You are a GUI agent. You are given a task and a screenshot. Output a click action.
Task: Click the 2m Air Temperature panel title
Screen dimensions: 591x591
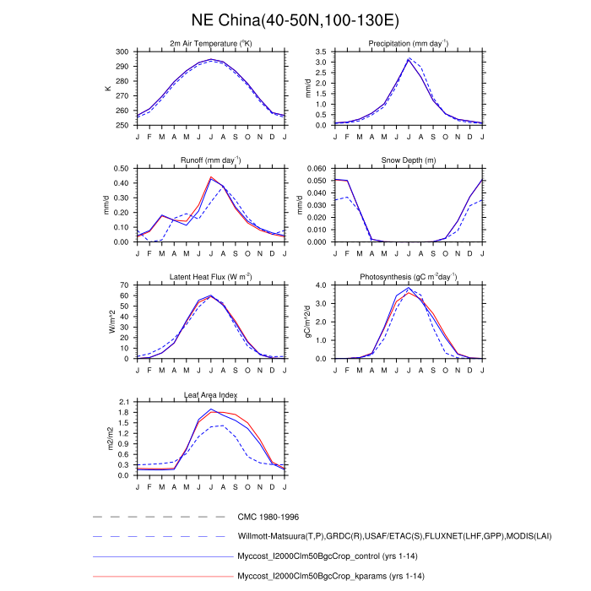click(x=210, y=44)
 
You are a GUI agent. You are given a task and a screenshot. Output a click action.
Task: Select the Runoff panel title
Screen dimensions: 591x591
click(x=210, y=160)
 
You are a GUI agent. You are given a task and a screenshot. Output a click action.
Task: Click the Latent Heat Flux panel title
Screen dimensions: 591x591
click(x=210, y=276)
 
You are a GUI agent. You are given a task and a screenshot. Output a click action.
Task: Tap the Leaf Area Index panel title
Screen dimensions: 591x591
click(x=210, y=394)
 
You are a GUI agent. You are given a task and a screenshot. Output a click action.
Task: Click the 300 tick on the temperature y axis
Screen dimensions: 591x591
click(x=123, y=52)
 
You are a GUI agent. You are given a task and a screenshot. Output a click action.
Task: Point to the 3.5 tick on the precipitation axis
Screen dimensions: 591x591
click(x=322, y=52)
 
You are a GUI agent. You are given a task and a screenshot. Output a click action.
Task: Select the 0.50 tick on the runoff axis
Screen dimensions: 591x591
click(x=122, y=168)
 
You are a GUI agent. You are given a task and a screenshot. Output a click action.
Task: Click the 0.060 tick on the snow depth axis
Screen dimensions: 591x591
click(x=317, y=168)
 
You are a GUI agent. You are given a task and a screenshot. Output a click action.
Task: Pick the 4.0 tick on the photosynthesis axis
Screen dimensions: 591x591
click(x=322, y=285)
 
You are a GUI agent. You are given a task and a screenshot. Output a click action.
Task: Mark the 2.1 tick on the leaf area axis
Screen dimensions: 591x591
click(x=124, y=402)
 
